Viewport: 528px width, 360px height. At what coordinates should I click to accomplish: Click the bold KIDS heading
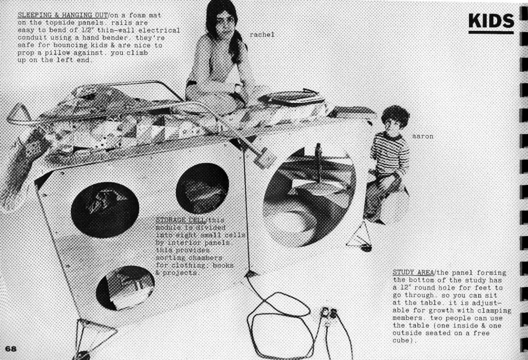[x=491, y=21]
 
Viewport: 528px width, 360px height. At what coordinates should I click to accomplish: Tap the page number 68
[x=11, y=349]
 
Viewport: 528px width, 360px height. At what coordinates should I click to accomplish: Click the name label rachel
[x=262, y=35]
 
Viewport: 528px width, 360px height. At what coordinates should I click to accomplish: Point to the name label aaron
[x=423, y=136]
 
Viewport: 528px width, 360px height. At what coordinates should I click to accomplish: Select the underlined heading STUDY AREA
[x=413, y=272]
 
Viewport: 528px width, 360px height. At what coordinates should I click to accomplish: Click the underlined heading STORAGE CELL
[x=180, y=220]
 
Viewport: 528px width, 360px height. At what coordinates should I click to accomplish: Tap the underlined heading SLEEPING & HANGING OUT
[x=62, y=15]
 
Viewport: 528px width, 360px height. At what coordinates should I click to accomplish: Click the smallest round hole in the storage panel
[x=125, y=288]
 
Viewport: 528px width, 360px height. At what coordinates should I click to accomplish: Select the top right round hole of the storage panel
[x=202, y=188]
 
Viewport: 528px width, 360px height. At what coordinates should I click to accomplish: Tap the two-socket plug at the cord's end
[x=329, y=313]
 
